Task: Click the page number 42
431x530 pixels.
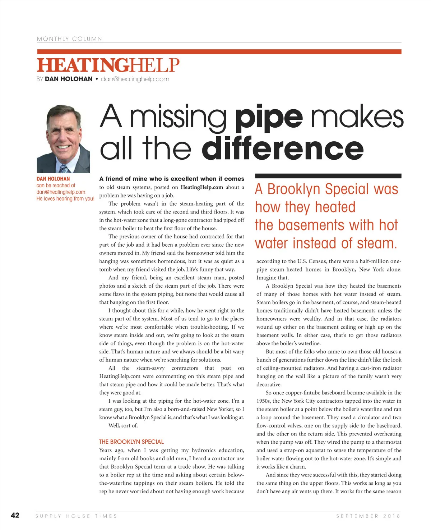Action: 15,515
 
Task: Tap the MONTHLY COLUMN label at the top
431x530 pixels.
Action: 69,39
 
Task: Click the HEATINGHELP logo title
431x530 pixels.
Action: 108,65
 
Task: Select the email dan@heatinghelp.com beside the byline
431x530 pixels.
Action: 135,79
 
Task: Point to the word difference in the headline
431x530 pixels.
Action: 283,148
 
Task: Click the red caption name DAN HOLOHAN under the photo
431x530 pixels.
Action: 53,179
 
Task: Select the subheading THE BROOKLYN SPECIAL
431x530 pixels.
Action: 131,442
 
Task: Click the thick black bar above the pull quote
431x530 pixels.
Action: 328,176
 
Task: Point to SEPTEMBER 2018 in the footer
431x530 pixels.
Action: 368,516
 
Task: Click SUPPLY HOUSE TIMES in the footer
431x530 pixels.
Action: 77,516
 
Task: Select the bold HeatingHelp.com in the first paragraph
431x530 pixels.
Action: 202,187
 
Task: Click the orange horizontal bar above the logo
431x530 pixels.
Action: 219,52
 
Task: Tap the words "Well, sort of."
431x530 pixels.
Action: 123,426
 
